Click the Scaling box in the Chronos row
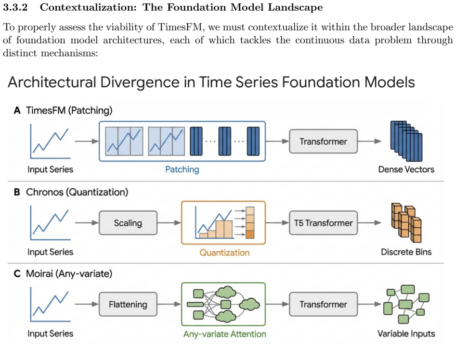128,223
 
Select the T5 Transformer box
323,223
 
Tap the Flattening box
128,304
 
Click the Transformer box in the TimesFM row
323,141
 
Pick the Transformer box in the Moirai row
323,304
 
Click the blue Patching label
182,169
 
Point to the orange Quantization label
224,253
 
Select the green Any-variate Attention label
224,334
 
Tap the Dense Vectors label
406,169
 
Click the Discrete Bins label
406,252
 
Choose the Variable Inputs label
406,334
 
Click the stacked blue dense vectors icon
406,141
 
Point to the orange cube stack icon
406,222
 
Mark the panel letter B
17,192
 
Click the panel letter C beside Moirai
17,274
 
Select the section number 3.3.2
15,7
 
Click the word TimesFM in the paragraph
180,27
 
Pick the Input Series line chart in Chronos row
50,222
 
